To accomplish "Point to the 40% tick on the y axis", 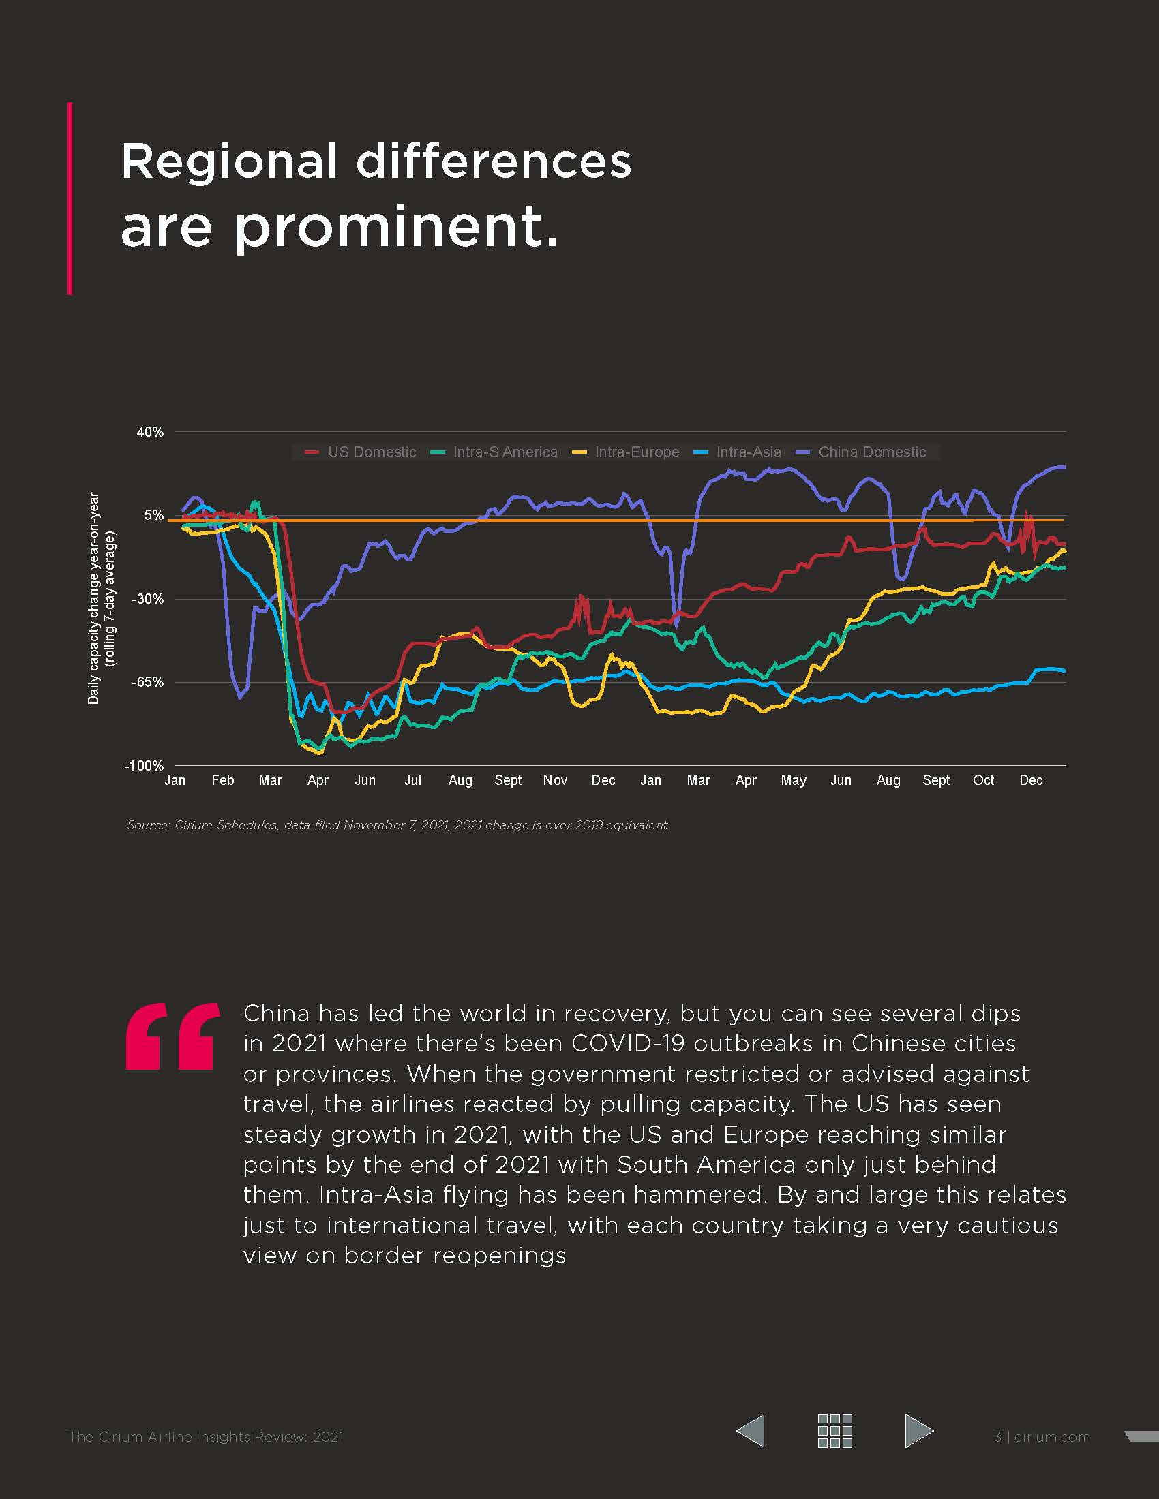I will coord(150,432).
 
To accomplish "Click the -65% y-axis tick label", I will coord(148,682).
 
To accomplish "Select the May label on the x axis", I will coord(793,780).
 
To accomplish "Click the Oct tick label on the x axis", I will coord(983,780).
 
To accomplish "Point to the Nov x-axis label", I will coord(555,780).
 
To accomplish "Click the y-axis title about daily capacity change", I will coord(101,598).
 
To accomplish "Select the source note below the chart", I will coord(397,825).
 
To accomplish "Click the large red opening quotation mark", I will coord(172,1036).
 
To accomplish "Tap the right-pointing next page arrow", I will coord(919,1431).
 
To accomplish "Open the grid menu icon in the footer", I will coord(834,1431).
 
